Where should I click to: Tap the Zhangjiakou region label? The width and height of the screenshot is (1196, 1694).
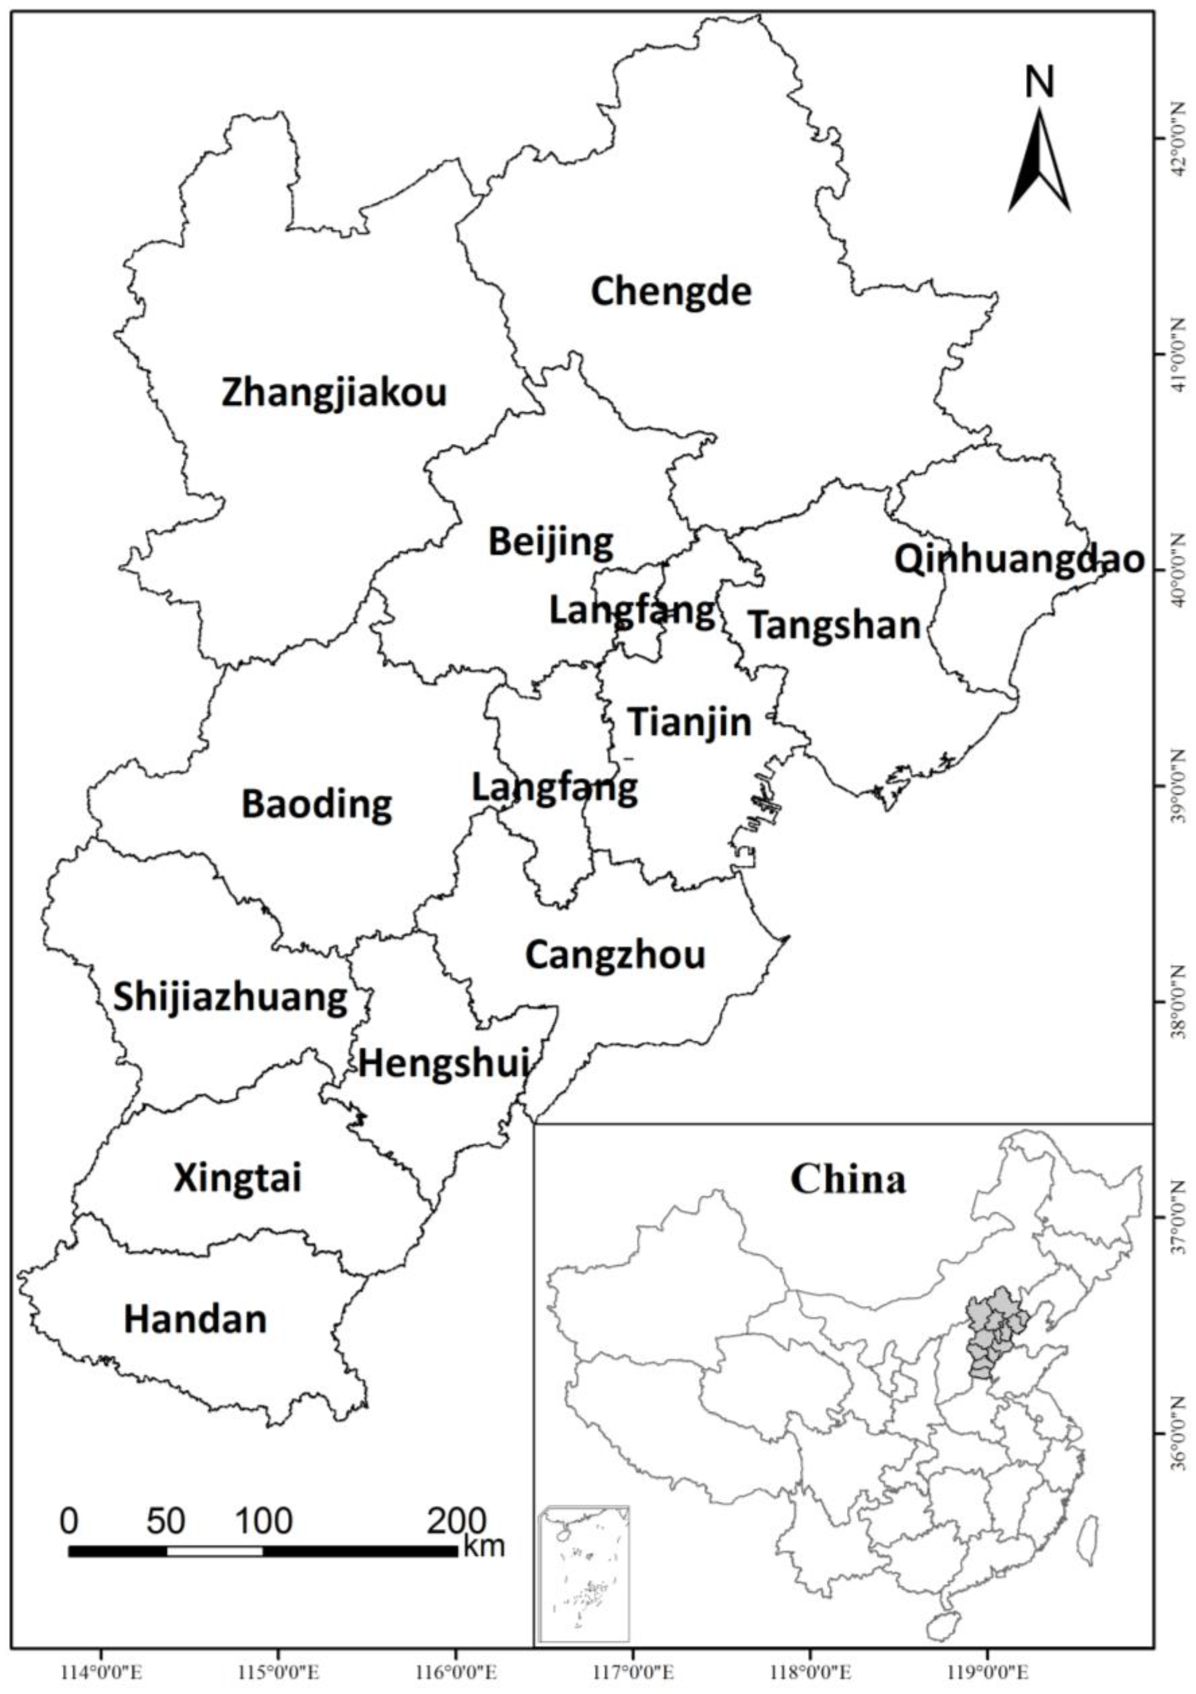[x=334, y=393]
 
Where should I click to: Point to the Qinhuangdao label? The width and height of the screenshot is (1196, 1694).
[x=1019, y=561]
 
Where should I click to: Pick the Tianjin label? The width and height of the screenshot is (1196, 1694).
[x=689, y=722]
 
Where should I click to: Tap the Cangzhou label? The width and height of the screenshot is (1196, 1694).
[x=615, y=955]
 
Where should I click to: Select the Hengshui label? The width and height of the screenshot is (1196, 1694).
[x=443, y=1065]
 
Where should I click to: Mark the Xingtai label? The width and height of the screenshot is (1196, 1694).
[x=237, y=1178]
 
